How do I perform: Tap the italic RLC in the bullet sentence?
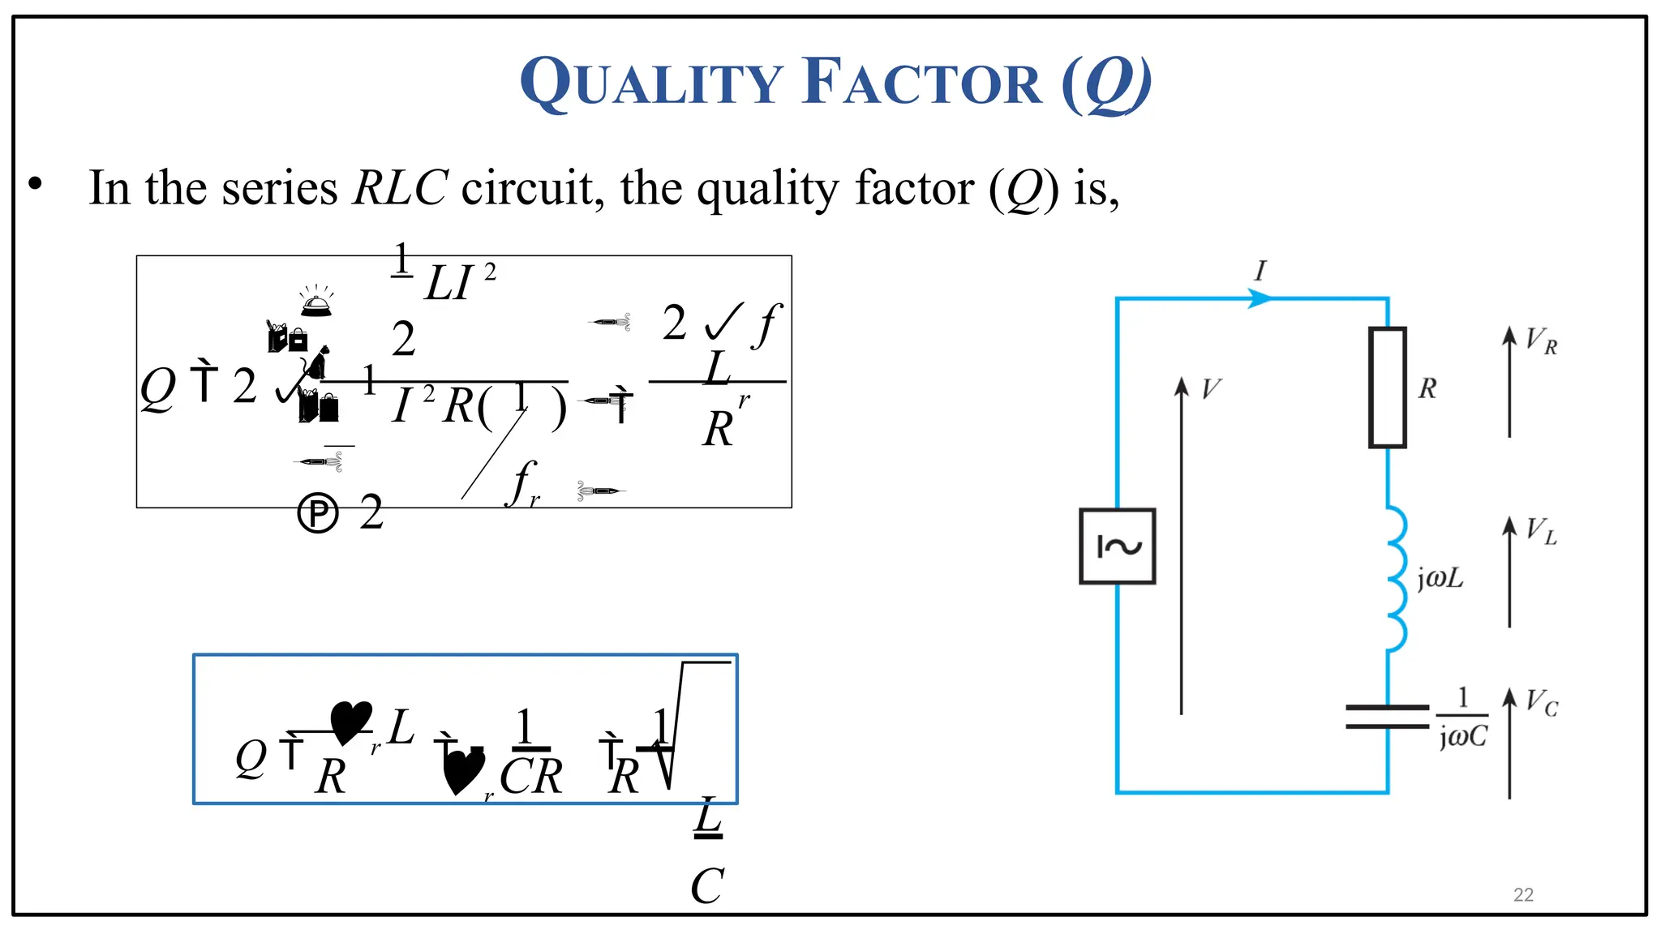coord(400,188)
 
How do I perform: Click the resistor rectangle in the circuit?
coord(1387,388)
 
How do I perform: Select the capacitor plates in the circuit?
coord(1387,717)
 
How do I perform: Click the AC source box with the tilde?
coord(1117,546)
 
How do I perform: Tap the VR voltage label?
coord(1540,341)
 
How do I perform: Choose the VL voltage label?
coord(1540,532)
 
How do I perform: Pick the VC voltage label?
coord(1541,703)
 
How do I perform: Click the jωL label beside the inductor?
coord(1440,578)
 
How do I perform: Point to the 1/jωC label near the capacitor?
coord(1462,718)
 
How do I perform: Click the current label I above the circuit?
coord(1260,271)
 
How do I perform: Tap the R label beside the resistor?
coord(1427,388)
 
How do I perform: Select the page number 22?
coord(1523,895)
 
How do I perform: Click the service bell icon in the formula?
coord(316,301)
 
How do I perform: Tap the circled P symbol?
coord(317,513)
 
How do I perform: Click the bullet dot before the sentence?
coord(35,184)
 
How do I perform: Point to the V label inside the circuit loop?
coord(1210,389)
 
